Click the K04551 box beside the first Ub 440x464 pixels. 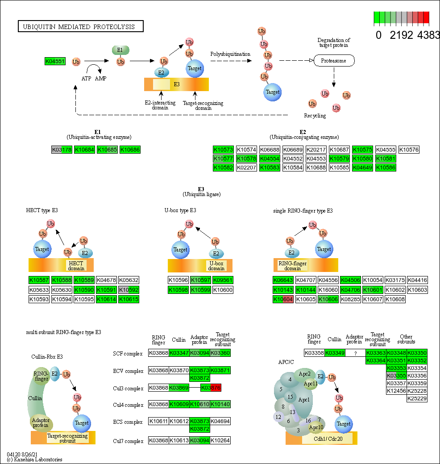[x=55, y=62]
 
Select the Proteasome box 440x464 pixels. [x=334, y=60]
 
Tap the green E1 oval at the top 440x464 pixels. [x=120, y=50]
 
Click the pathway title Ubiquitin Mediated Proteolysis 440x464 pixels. [x=81, y=27]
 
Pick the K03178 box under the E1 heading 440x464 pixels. [x=62, y=150]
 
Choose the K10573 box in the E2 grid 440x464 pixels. [x=223, y=150]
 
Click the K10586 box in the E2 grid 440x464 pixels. [x=386, y=167]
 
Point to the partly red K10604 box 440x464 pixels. [x=283, y=299]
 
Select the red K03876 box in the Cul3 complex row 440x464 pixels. [x=211, y=388]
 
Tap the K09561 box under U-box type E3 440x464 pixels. [x=223, y=280]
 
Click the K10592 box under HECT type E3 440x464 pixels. [x=129, y=290]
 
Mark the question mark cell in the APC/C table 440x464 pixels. [x=355, y=353]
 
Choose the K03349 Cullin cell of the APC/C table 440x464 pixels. [x=335, y=353]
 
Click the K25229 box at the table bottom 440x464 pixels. [x=417, y=398]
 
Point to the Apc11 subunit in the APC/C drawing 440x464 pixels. [x=311, y=383]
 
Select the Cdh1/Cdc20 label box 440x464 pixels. [x=327, y=439]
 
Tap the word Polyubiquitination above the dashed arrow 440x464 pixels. [x=230, y=54]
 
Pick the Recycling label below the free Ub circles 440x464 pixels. [x=315, y=116]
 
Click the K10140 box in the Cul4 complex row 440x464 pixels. [x=220, y=405]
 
